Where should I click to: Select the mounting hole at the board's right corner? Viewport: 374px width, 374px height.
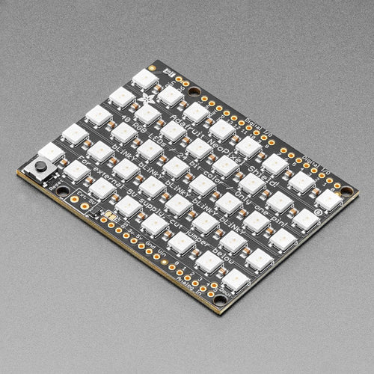pyautogui.click(x=346, y=191)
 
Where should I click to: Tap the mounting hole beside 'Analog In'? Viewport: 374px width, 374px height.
pyautogui.click(x=220, y=300)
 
